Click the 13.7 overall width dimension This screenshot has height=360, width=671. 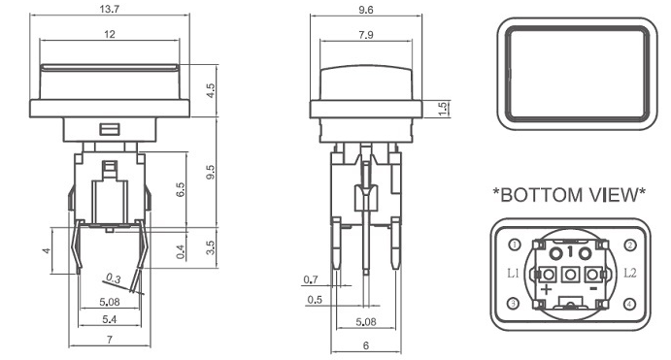tap(109, 9)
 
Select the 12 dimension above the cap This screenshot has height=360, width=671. tap(110, 34)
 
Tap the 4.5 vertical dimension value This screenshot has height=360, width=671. tap(211, 90)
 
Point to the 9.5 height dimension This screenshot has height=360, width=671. tap(211, 172)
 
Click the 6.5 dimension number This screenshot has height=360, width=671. tap(181, 189)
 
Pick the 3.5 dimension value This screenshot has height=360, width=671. tap(210, 247)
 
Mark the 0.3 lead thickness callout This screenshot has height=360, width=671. tap(114, 278)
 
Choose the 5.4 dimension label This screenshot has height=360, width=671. tap(110, 319)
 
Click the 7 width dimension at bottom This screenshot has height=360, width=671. tap(110, 340)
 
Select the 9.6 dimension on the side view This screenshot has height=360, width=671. tap(366, 10)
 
